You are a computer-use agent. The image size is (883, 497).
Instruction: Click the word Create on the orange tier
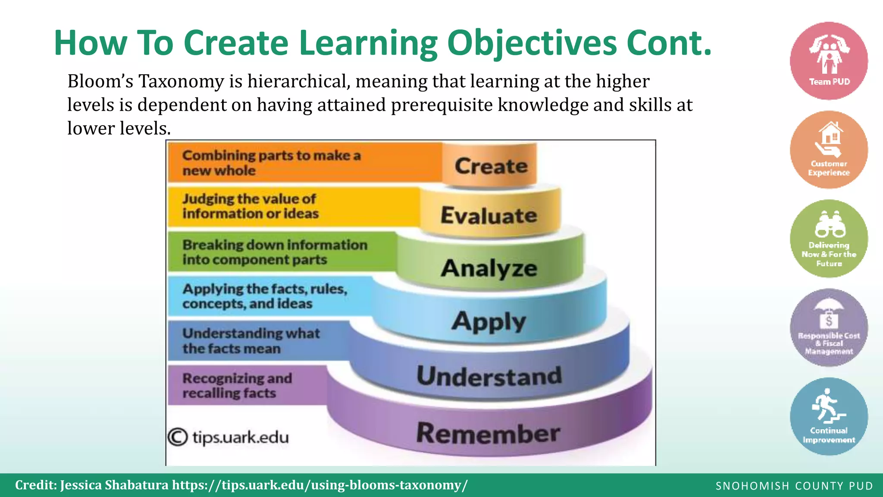click(491, 166)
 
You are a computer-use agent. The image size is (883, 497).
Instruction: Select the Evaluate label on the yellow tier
click(489, 215)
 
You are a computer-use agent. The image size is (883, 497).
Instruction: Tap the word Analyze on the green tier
click(489, 268)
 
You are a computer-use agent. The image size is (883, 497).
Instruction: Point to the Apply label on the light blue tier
click(489, 321)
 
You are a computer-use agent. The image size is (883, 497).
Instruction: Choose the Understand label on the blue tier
click(489, 376)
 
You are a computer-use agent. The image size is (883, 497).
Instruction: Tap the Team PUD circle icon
click(829, 61)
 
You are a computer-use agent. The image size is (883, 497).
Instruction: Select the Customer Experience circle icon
click(829, 150)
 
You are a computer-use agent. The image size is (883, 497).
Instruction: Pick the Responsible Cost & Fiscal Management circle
click(829, 328)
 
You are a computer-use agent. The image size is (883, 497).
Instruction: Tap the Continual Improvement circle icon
click(829, 416)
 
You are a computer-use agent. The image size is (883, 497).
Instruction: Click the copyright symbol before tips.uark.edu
click(178, 437)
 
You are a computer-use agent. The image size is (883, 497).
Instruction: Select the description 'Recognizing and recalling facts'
click(237, 385)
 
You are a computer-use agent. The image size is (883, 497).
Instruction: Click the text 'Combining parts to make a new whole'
click(271, 163)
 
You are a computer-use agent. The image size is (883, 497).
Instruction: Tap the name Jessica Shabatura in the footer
click(114, 485)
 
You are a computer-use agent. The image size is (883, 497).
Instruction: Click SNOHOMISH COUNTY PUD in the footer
click(794, 486)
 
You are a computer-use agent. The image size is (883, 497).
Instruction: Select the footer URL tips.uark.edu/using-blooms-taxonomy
click(319, 485)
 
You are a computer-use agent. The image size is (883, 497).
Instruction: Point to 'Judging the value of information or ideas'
click(250, 206)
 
